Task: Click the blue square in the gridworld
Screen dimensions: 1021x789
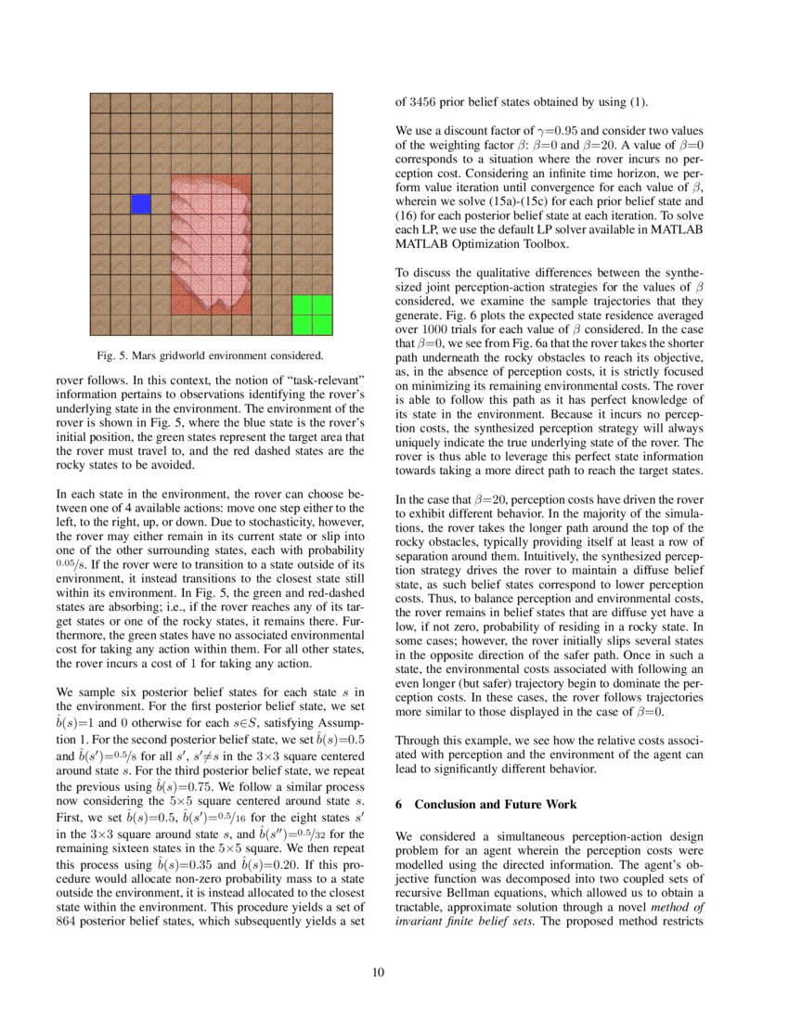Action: [141, 204]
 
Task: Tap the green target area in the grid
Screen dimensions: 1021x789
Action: [312, 315]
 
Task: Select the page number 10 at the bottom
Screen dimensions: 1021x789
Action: [394, 972]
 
